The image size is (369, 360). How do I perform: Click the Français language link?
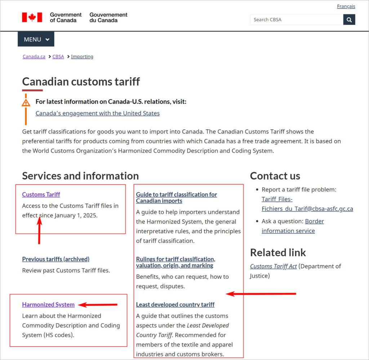tap(346, 6)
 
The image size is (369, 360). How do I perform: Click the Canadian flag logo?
tap(32, 17)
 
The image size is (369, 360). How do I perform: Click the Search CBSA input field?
tap(296, 20)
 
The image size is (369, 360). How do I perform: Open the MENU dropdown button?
tap(36, 39)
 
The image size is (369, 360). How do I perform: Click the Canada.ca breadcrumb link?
tap(34, 57)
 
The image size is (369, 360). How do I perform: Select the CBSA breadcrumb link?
tap(58, 57)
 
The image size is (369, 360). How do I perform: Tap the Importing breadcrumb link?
tap(82, 57)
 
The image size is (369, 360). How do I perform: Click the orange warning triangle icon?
tap(26, 103)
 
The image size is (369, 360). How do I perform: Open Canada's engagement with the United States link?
tap(97, 113)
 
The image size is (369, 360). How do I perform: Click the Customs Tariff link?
tap(41, 194)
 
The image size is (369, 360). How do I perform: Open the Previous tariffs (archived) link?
tap(55, 259)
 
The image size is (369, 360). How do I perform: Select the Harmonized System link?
tap(48, 305)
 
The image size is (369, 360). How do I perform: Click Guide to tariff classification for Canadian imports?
tap(176, 198)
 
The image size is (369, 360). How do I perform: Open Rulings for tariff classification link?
tap(175, 262)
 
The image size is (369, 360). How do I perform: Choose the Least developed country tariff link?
tap(175, 305)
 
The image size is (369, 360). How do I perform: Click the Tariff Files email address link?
tap(307, 204)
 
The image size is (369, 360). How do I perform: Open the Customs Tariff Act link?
tap(274, 266)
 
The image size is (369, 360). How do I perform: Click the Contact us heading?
tap(275, 176)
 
